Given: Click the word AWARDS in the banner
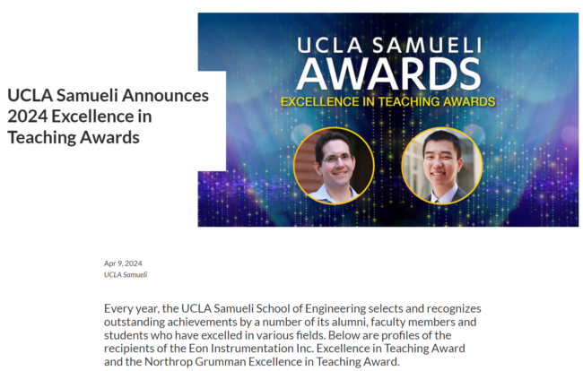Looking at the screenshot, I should pos(387,74).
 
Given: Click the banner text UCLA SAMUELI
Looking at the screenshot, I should pos(387,43).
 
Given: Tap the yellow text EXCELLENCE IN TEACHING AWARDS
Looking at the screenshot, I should pos(387,101).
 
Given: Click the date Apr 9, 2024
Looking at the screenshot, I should pos(123,263).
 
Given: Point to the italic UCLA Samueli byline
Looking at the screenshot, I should pos(126,274).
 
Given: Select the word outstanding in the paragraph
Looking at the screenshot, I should pos(140,322).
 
